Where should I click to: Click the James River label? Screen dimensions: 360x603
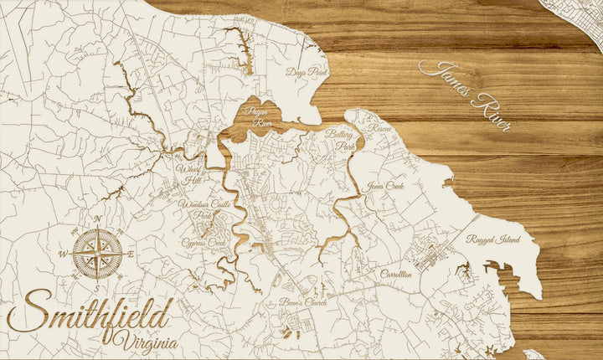pyautogui.click(x=465, y=96)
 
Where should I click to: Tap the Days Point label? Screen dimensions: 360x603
pyautogui.click(x=306, y=73)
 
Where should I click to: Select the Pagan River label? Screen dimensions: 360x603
pyautogui.click(x=258, y=116)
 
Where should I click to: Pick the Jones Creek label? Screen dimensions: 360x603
pyautogui.click(x=385, y=186)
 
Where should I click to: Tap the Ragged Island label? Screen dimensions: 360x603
pyautogui.click(x=493, y=239)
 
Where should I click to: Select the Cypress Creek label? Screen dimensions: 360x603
pyautogui.click(x=204, y=243)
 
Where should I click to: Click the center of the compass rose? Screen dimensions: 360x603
pyautogui.click(x=97, y=253)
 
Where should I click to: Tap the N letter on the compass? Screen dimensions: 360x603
pyautogui.click(x=97, y=219)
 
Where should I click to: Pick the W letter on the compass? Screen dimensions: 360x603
pyautogui.click(x=62, y=254)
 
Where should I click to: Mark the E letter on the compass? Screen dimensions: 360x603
pyautogui.click(x=132, y=254)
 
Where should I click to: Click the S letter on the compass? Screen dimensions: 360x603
pyautogui.click(x=97, y=287)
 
